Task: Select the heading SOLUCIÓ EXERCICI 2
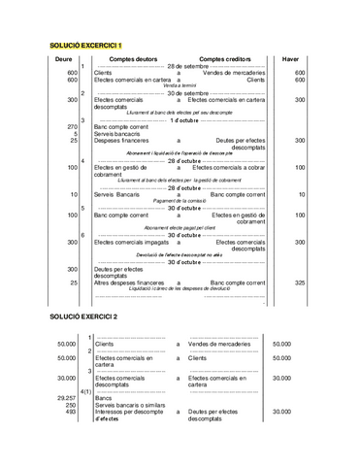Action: (86, 317)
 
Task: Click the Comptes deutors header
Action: (137, 60)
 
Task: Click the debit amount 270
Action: (73, 126)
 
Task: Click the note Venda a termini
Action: (180, 85)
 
